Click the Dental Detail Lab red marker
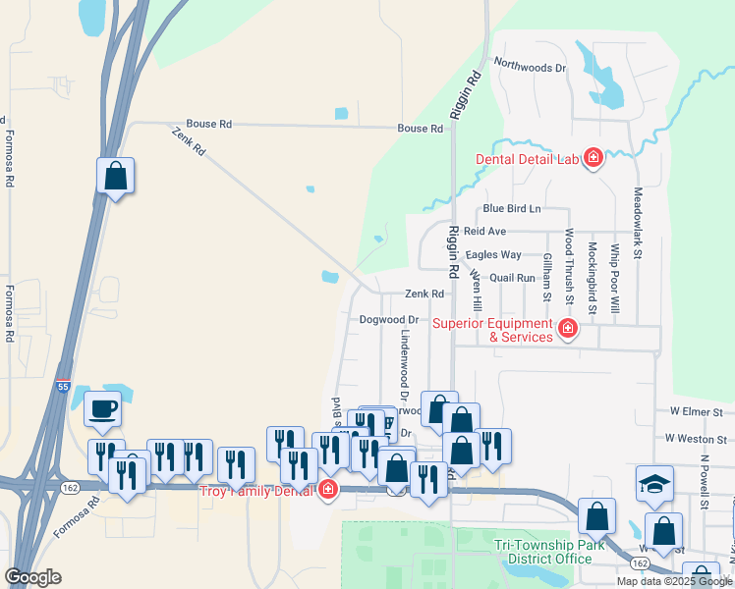[x=593, y=157]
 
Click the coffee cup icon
[x=102, y=410]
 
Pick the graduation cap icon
[x=653, y=483]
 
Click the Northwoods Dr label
[x=531, y=68]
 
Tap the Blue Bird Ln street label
[x=511, y=209]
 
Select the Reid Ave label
[x=484, y=232]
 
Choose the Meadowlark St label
[x=638, y=223]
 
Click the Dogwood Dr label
[x=389, y=320]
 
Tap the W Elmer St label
[x=696, y=412]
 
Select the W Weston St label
[x=695, y=439]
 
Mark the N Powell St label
[x=705, y=482]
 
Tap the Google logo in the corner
[x=32, y=577]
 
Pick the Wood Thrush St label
[x=568, y=271]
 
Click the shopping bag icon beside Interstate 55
[x=116, y=176]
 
